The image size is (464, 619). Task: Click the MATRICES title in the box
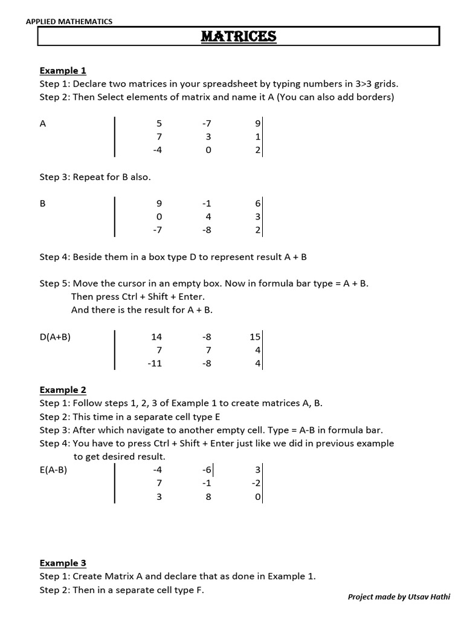(x=238, y=37)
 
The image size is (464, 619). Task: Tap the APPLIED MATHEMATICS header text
(x=69, y=22)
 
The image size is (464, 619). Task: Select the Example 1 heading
(x=63, y=71)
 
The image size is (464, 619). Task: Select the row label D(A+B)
(x=56, y=337)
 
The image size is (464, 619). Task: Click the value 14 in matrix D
(x=156, y=337)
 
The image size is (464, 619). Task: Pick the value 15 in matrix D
(x=255, y=337)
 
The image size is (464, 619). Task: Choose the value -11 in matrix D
(x=155, y=364)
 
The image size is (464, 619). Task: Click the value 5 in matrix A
(x=159, y=124)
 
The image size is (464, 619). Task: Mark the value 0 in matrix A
(x=208, y=151)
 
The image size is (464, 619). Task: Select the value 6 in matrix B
(x=258, y=204)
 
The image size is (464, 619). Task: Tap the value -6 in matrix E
(x=206, y=470)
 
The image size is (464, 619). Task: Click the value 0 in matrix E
(x=258, y=496)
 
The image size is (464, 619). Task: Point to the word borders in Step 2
(x=375, y=97)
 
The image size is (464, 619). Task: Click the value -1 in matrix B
(x=207, y=204)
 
